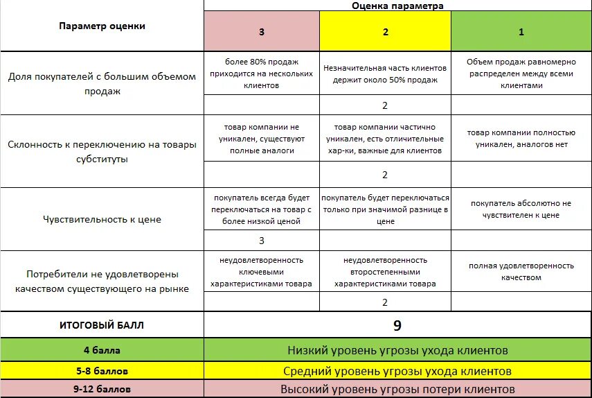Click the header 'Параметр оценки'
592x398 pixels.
point(102,26)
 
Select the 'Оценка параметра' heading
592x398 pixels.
point(397,6)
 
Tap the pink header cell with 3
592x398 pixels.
point(261,32)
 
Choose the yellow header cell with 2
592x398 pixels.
point(385,32)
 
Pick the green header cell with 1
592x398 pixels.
point(521,32)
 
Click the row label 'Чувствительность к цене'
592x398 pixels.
point(102,220)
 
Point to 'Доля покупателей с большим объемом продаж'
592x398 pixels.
point(102,84)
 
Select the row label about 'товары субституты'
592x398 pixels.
point(102,152)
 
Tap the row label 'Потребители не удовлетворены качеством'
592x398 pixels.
point(102,281)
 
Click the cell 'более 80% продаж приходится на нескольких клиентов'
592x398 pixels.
point(261,73)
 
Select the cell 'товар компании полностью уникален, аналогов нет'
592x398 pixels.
point(521,138)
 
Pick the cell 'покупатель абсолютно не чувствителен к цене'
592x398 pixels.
point(521,209)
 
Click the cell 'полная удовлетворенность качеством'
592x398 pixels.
point(521,271)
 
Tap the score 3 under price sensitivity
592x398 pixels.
point(261,241)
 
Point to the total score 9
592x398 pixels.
point(397,325)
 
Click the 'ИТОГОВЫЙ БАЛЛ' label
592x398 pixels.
point(102,325)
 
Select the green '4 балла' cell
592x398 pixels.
point(102,350)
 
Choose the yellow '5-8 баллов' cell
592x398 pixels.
point(102,371)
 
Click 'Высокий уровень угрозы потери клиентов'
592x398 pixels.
point(397,389)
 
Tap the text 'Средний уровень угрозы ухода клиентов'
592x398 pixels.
point(397,371)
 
